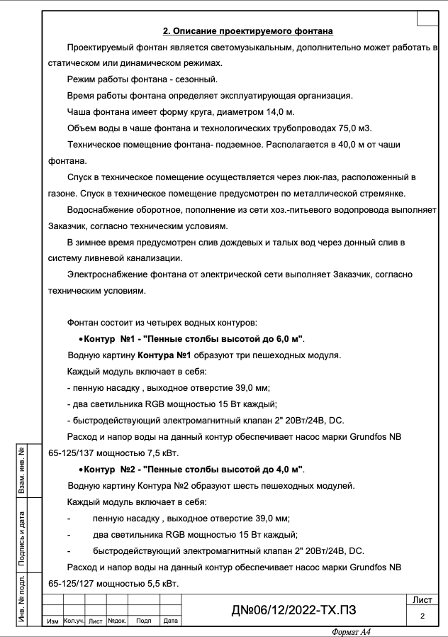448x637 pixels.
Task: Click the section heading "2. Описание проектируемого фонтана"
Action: (x=248, y=31)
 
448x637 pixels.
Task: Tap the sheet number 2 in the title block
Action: (x=422, y=616)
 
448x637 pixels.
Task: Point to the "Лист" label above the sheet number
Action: (x=422, y=600)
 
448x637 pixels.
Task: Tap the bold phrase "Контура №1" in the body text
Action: (x=164, y=355)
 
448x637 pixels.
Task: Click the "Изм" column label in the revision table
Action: (x=52, y=621)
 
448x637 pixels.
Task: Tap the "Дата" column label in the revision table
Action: (x=170, y=621)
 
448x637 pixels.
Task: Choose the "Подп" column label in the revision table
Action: (x=143, y=621)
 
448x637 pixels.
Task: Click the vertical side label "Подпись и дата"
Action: (x=23, y=539)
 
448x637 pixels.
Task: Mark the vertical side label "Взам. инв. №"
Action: (x=23, y=470)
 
